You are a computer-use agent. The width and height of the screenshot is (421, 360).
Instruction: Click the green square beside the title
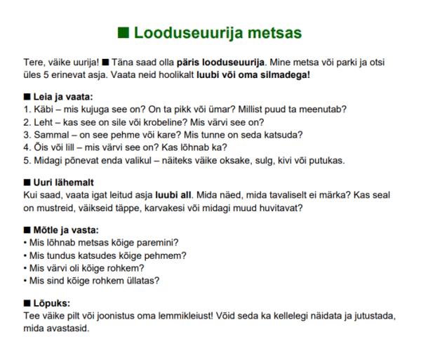click(x=123, y=32)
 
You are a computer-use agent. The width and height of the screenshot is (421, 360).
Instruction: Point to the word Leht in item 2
click(x=44, y=122)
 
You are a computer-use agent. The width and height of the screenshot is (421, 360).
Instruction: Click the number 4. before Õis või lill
click(x=27, y=147)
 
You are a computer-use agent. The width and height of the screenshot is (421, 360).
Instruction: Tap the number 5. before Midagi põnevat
click(x=27, y=160)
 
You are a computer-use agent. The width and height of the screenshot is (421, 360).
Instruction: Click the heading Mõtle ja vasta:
click(x=66, y=230)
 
